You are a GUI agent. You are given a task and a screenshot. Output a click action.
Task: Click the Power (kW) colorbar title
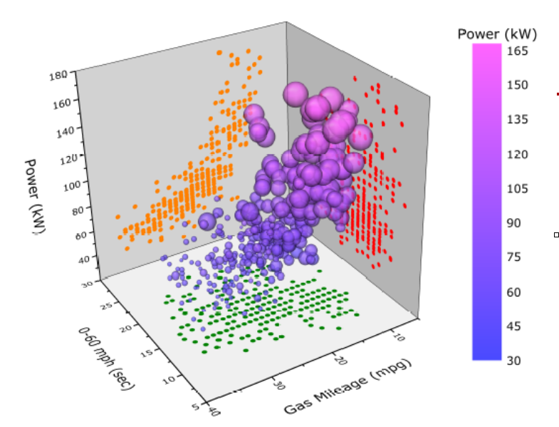[497, 34]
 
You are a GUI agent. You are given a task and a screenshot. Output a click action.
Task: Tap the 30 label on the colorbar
[513, 360]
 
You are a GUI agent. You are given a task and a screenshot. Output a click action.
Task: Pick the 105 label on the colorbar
[517, 188]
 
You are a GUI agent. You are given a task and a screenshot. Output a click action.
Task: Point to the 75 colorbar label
[513, 257]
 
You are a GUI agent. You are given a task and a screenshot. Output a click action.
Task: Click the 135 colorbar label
[517, 120]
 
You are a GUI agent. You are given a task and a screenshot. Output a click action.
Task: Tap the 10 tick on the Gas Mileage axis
[399, 334]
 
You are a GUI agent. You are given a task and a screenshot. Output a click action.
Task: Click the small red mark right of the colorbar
[558, 93]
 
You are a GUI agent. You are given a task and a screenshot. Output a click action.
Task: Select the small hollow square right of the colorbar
[556, 235]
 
